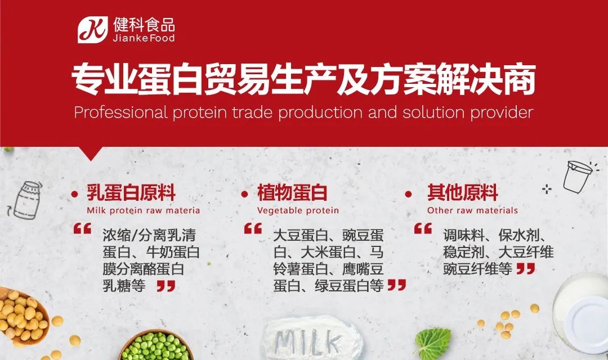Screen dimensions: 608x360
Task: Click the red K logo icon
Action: pyautogui.click(x=93, y=30)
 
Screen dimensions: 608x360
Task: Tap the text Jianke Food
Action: pyautogui.click(x=144, y=38)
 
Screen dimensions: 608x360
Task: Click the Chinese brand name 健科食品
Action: pyautogui.click(x=144, y=25)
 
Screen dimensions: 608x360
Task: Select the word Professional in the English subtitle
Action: pyautogui.click(x=120, y=112)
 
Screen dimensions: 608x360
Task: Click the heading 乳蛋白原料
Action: pyautogui.click(x=131, y=192)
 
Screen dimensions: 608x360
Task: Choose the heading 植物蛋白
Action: pyautogui.click(x=292, y=192)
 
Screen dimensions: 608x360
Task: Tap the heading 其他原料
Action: pyautogui.click(x=463, y=192)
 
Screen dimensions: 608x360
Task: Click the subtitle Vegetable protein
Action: pyautogui.click(x=298, y=210)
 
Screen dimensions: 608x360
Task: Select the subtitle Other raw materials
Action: pyautogui.click(x=472, y=210)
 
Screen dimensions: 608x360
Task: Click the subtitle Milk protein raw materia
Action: pyautogui.click(x=144, y=210)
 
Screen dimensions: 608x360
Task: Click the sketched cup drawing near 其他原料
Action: pyautogui.click(x=579, y=176)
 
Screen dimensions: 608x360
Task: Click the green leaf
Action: pyautogui.click(x=433, y=343)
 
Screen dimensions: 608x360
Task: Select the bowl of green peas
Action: pyautogui.click(x=156, y=346)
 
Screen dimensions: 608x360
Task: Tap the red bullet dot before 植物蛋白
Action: pyautogui.click(x=244, y=194)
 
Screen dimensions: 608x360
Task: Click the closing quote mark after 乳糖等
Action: pyautogui.click(x=166, y=286)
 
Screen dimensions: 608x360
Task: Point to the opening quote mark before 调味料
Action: pyautogui.click(x=423, y=228)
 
